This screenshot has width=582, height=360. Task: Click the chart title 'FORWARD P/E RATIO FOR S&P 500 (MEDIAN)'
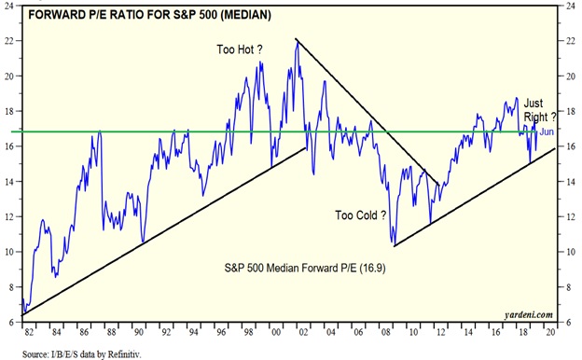pos(149,15)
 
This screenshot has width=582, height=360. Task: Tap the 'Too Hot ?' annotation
pos(240,49)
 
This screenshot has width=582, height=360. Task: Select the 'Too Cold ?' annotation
pos(361,215)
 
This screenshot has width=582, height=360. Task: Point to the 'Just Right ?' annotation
pos(540,110)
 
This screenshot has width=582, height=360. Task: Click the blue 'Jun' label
pos(547,132)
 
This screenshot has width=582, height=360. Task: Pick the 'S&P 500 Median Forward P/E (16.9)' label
pos(305,268)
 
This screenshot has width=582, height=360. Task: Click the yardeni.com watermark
pos(529,315)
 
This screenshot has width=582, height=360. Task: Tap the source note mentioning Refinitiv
pos(82,353)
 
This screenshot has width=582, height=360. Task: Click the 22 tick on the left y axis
pos(11,40)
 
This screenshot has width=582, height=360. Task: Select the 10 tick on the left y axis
pos(11,252)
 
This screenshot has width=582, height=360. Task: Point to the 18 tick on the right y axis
pos(571,111)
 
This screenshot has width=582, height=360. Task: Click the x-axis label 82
pos(29,332)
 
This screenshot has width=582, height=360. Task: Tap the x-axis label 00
pos(276,332)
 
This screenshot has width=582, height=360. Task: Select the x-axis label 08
pos(386,332)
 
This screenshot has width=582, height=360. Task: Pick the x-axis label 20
pos(551,332)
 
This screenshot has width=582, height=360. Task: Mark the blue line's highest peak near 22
pos(297,41)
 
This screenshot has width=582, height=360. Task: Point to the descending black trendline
pos(367,111)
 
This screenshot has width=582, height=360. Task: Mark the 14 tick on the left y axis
pos(11,182)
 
